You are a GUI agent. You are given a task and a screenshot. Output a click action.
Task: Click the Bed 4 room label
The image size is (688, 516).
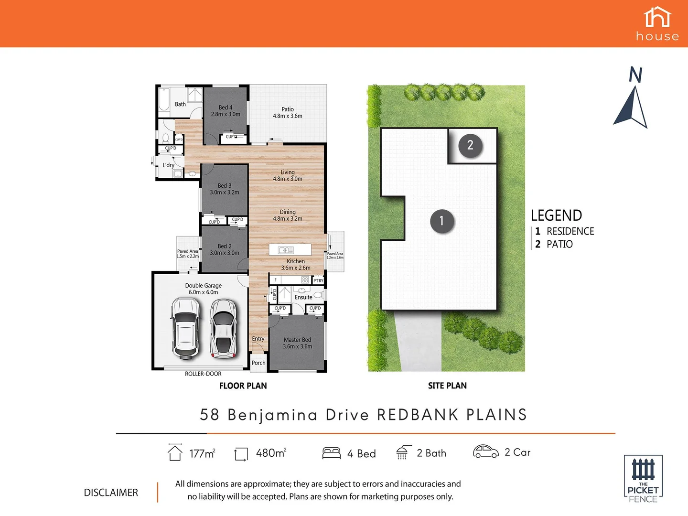(x=226, y=107)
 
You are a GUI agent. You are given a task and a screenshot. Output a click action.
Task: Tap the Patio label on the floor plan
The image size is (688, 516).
(x=288, y=109)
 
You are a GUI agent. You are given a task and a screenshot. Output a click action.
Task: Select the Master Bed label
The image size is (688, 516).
(x=297, y=340)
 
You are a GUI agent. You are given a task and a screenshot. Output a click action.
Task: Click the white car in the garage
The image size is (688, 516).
(x=185, y=328)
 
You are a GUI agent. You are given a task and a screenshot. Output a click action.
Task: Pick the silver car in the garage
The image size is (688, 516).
(x=223, y=328)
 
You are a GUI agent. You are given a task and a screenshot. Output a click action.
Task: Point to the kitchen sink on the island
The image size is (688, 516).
(x=286, y=250)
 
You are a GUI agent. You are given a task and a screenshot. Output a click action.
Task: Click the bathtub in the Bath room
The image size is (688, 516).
(x=164, y=101)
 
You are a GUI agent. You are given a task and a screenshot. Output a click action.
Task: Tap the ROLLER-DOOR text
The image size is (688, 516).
(x=203, y=374)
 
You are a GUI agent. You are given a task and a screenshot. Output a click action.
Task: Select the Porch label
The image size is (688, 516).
(x=258, y=363)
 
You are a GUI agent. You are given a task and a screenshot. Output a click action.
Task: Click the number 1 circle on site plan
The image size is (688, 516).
(x=441, y=221)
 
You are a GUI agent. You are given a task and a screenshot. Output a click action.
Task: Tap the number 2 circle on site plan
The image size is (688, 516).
(x=470, y=145)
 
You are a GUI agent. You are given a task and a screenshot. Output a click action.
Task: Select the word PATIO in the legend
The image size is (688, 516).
(x=559, y=244)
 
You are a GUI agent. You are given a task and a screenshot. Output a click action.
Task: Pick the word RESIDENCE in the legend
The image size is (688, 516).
(x=570, y=231)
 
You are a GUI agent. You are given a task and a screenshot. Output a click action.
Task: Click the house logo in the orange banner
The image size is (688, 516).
(x=657, y=24)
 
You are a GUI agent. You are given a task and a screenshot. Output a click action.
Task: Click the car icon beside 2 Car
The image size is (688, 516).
(x=485, y=451)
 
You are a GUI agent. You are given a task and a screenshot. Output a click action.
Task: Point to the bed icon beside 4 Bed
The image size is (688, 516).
(x=331, y=453)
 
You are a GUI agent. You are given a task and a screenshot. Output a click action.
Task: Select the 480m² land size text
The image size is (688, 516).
(x=271, y=453)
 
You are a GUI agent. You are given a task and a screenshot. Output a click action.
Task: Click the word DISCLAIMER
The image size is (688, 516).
(x=111, y=493)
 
